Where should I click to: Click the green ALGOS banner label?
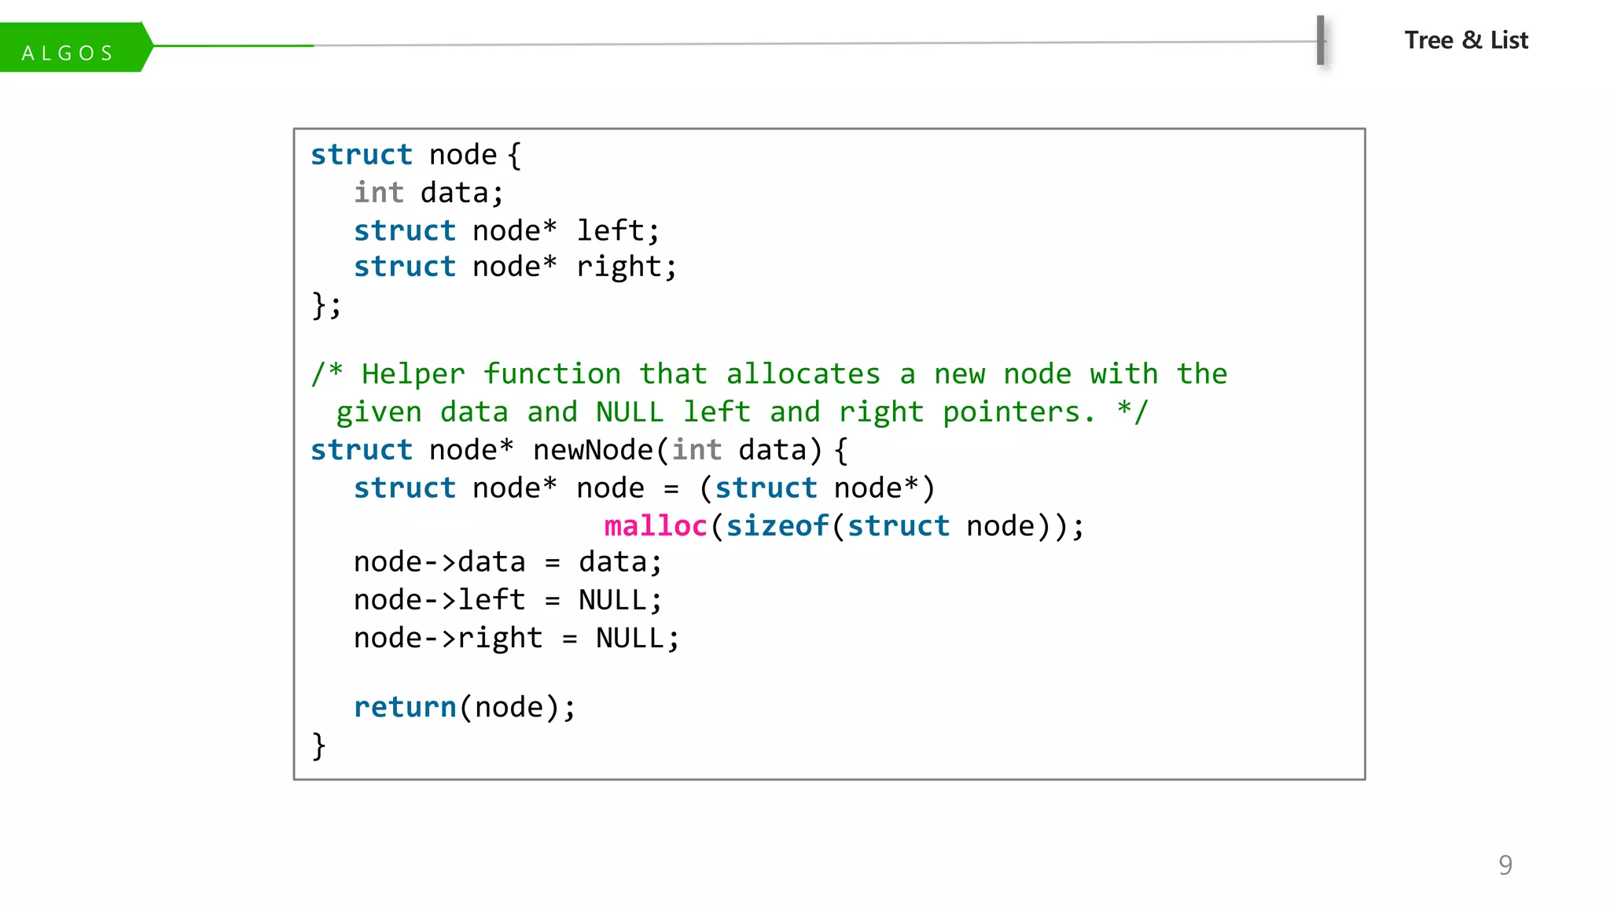click(x=69, y=52)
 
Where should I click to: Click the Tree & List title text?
click(x=1466, y=40)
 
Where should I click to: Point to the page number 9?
click(x=1505, y=864)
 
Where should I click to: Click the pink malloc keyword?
click(x=656, y=525)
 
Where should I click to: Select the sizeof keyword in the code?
click(x=777, y=525)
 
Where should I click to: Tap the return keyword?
click(x=405, y=707)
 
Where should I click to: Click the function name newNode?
click(x=593, y=450)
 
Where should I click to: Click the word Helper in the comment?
click(x=414, y=374)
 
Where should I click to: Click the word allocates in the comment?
click(x=803, y=374)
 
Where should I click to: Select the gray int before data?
click(x=379, y=193)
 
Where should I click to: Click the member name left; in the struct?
click(x=618, y=230)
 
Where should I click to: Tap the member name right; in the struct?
click(x=626, y=267)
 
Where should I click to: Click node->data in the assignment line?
click(x=439, y=562)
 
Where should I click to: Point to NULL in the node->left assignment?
click(x=613, y=600)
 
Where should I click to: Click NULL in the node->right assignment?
click(x=630, y=638)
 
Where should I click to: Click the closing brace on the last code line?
click(x=318, y=745)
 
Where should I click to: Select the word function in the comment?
click(x=552, y=374)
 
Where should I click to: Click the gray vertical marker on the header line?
click(x=1321, y=40)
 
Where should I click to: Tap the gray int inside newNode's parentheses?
click(x=697, y=450)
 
